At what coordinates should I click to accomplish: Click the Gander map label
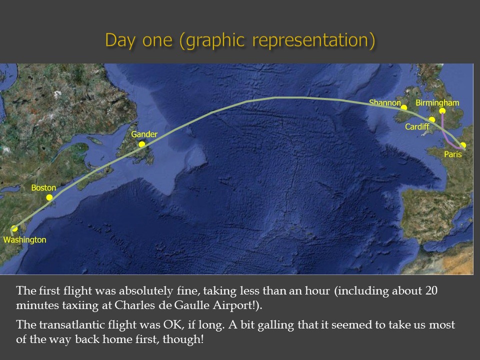pos(144,134)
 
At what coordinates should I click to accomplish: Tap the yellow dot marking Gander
pos(141,144)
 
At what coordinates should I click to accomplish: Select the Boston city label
pos(43,187)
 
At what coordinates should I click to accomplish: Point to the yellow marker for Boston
pos(49,197)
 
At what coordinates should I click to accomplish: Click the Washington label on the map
pos(25,239)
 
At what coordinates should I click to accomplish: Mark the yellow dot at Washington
pos(14,228)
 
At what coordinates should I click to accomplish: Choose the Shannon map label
pos(385,102)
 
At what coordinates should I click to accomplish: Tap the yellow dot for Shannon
pos(404,107)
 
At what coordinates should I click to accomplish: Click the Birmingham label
pos(437,103)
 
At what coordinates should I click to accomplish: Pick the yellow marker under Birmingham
pos(442,111)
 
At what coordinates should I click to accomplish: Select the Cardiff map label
pos(417,126)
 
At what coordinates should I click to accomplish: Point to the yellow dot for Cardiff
pos(432,119)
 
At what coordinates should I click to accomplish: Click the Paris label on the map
pos(453,154)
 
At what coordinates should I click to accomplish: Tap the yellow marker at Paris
pos(463,145)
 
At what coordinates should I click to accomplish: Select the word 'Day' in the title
pos(120,40)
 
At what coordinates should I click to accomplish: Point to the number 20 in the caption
pos(431,290)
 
